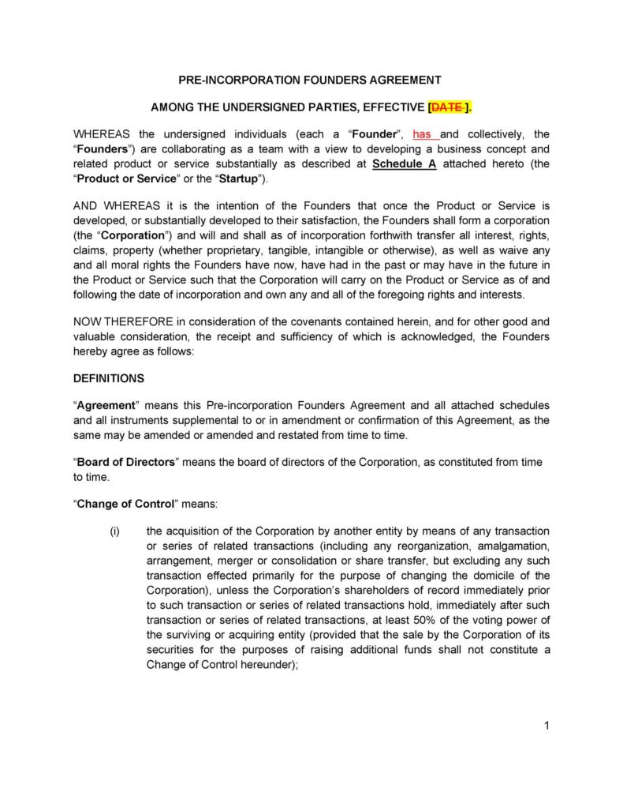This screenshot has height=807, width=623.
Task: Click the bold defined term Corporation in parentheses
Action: tap(134, 236)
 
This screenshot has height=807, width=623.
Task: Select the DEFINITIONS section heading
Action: tap(108, 378)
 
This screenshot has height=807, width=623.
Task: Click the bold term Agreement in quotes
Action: tap(106, 405)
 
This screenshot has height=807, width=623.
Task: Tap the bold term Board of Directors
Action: tap(125, 462)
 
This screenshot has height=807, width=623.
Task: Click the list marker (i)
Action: tap(114, 531)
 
